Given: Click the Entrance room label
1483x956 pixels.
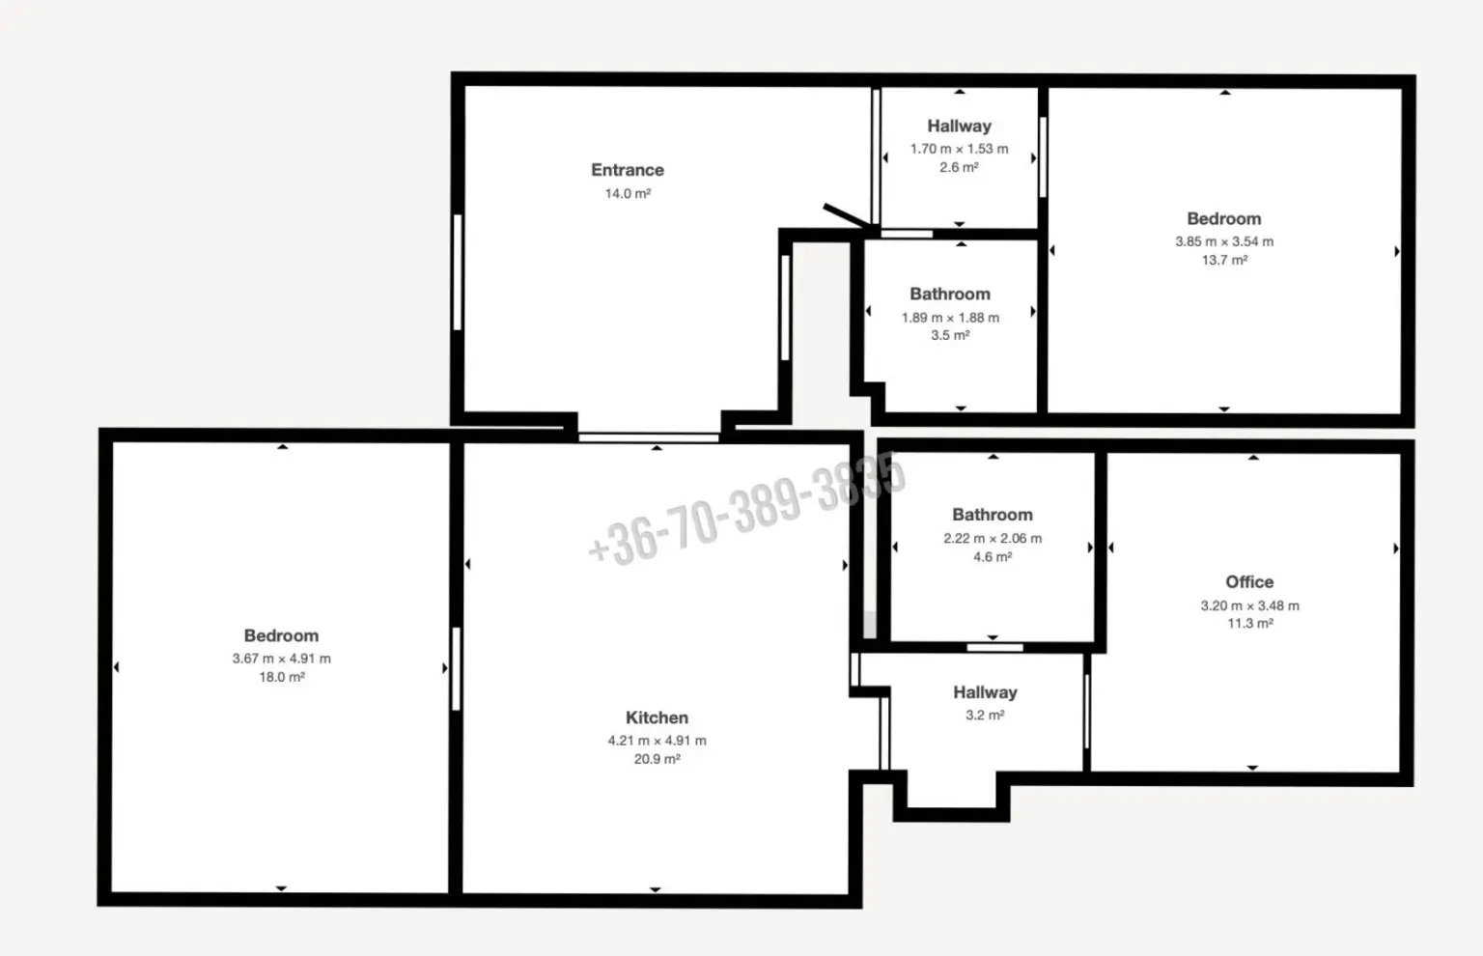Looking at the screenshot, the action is (x=627, y=170).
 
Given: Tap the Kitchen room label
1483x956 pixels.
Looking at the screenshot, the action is (x=657, y=717).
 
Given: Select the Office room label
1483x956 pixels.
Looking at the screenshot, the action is (x=1249, y=582).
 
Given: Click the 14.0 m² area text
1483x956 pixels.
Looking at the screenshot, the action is (x=628, y=194).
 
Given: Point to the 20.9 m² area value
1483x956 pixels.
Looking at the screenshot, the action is (x=657, y=759).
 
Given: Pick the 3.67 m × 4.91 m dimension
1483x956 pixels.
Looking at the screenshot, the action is (x=281, y=659).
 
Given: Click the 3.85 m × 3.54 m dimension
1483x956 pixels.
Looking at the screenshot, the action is (x=1224, y=241).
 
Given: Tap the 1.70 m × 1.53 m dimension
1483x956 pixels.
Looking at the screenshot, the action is (x=959, y=149).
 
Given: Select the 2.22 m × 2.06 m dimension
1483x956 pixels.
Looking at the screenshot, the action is (x=993, y=539).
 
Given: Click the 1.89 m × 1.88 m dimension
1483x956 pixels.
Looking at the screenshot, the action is (x=950, y=318).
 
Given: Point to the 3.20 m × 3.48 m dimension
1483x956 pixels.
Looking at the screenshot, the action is (x=1250, y=605).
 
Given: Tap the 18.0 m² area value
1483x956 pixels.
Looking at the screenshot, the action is (x=281, y=677).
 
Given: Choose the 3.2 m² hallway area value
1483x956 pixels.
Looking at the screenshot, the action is (x=985, y=715).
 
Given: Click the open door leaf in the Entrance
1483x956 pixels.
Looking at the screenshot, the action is (x=847, y=216).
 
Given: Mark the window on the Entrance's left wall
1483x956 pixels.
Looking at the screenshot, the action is (x=458, y=272).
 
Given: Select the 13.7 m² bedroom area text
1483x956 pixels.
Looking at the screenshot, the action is (x=1224, y=260).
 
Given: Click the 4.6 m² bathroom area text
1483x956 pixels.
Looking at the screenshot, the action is (x=993, y=557).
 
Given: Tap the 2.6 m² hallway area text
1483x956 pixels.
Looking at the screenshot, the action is (x=959, y=167).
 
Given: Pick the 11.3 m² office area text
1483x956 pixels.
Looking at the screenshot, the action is (x=1250, y=624).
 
